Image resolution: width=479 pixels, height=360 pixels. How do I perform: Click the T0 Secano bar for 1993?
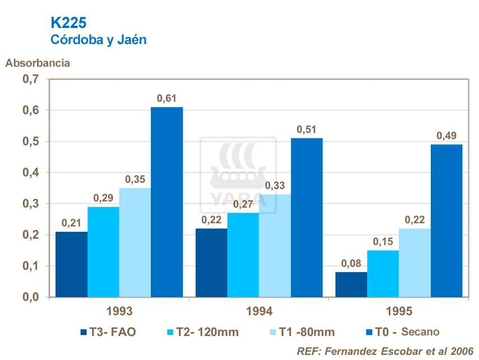[x=167, y=202]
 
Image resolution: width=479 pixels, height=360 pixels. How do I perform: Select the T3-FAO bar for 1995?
[x=351, y=284]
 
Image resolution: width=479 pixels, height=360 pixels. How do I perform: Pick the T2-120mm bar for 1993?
[x=103, y=252]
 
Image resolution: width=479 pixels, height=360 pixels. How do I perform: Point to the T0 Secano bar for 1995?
[x=447, y=221]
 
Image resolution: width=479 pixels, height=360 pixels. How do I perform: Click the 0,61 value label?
[x=166, y=99]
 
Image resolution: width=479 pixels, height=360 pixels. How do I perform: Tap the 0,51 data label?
[x=306, y=130]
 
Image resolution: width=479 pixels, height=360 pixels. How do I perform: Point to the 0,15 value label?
[x=383, y=242]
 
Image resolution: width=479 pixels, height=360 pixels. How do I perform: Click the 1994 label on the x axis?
[x=259, y=311]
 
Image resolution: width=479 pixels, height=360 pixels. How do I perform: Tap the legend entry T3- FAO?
[x=109, y=332]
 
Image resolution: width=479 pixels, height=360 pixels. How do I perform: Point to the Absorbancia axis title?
[x=38, y=63]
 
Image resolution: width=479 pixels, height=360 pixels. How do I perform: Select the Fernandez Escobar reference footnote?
[x=385, y=350]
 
